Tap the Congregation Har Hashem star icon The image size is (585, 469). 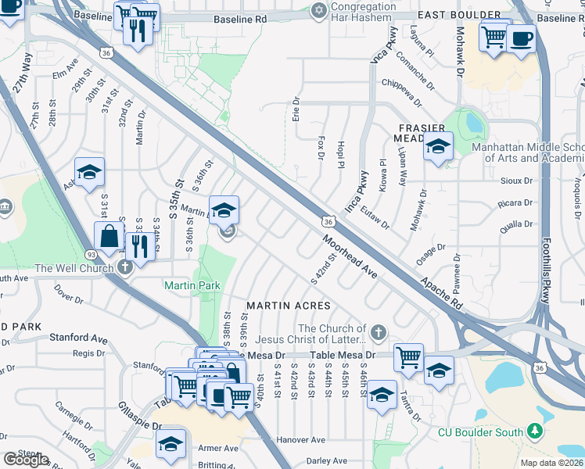coord(318,10)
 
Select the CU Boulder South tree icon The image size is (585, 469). coord(535,431)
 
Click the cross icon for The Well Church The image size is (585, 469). coord(125,267)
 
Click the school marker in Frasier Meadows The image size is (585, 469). coord(438,147)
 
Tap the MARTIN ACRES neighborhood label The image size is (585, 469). coord(289,305)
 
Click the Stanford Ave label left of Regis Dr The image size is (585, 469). coord(77,339)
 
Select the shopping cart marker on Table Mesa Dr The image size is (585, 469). coord(408,358)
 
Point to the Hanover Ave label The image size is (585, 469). coord(300,440)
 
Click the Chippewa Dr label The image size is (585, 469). coord(402,82)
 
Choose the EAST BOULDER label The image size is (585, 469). coord(469,15)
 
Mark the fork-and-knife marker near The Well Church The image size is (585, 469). coord(140,247)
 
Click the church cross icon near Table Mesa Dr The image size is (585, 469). coord(379,333)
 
